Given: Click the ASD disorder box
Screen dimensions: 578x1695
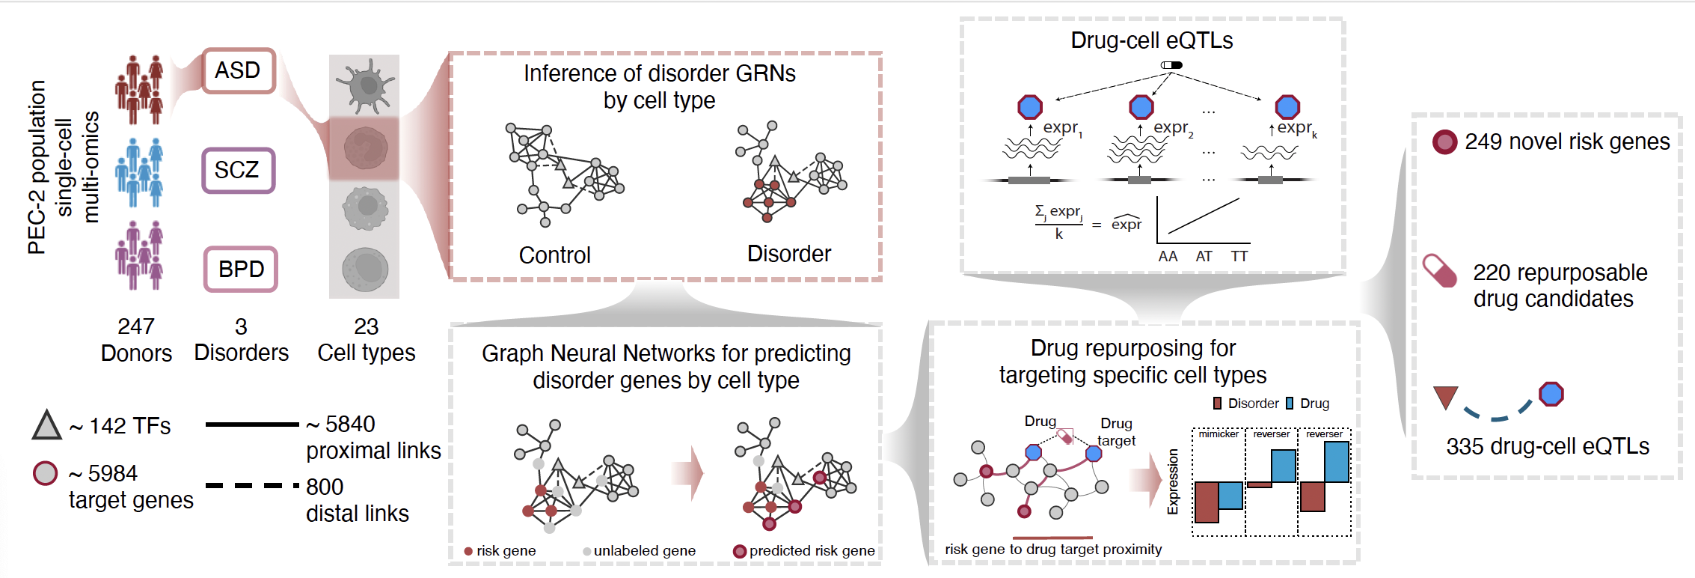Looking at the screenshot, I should (x=238, y=71).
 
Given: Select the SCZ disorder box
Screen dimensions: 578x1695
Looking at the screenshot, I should (x=238, y=170).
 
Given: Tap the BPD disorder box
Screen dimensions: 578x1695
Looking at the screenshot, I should (x=241, y=270).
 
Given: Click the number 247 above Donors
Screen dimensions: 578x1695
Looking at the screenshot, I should (x=136, y=326).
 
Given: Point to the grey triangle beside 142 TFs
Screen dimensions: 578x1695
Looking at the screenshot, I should (x=46, y=425).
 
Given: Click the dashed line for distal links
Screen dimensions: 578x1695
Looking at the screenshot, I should (x=252, y=486).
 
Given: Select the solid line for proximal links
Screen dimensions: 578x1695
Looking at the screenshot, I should (x=252, y=425).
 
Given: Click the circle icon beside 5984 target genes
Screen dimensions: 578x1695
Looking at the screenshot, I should (x=46, y=473).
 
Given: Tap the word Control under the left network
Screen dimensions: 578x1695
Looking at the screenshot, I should (x=554, y=255).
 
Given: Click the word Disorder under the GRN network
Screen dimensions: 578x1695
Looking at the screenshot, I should (x=788, y=254).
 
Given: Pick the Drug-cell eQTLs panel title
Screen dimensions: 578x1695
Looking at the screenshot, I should (x=1151, y=40).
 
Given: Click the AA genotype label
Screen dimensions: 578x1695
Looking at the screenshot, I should (x=1168, y=257).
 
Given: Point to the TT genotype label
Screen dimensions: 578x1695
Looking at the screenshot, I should (x=1239, y=257).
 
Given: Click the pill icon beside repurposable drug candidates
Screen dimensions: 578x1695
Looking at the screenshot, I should (x=1440, y=271).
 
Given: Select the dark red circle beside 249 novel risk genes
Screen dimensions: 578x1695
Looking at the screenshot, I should (x=1444, y=142).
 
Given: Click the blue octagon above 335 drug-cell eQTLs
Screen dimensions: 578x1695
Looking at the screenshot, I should (x=1551, y=394).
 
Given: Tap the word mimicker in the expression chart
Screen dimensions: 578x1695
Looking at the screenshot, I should (x=1219, y=434).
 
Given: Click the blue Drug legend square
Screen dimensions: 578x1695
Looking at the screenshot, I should (x=1290, y=404).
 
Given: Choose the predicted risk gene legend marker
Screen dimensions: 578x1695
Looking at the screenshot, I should (x=740, y=551).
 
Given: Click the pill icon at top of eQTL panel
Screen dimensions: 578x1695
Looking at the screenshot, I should (x=1171, y=65).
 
